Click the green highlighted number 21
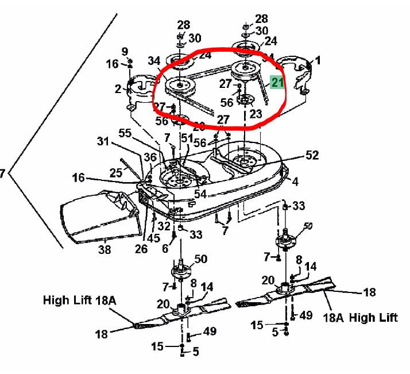tap(277, 83)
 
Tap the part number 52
tap(312, 155)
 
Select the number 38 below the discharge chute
tap(104, 250)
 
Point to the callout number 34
tap(154, 61)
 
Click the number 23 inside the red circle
tap(256, 114)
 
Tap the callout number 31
tap(103, 141)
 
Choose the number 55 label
tap(125, 133)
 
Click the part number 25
tap(115, 172)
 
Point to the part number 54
tap(200, 194)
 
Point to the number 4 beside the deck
tap(295, 182)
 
